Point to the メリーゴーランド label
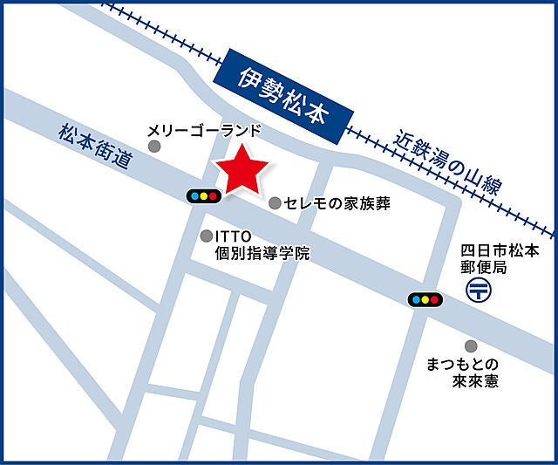pyautogui.click(x=204, y=131)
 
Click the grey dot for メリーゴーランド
pyautogui.click(x=155, y=147)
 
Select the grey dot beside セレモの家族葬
pyautogui.click(x=276, y=203)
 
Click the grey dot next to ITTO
pyautogui.click(x=207, y=236)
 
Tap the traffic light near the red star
pyautogui.click(x=203, y=196)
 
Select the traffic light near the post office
pyautogui.click(x=425, y=300)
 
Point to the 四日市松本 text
pyautogui.click(x=500, y=250)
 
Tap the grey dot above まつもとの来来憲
pyautogui.click(x=471, y=346)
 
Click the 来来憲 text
pyautogui.click(x=475, y=381)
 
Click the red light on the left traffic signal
pyautogui.click(x=214, y=196)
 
